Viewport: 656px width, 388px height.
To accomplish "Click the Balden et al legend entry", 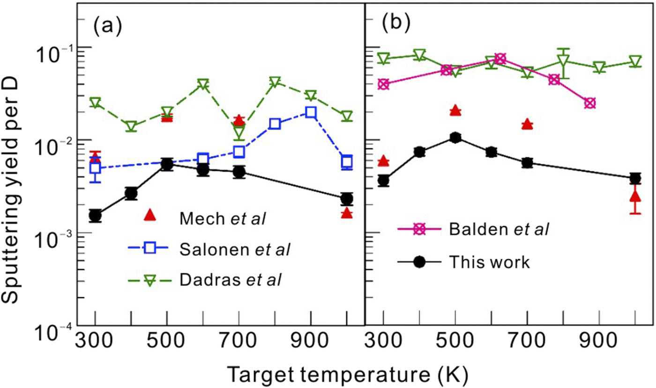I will click(498, 229).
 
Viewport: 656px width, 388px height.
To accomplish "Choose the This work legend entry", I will click(489, 262).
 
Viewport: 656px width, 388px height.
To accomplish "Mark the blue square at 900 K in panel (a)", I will click(311, 112).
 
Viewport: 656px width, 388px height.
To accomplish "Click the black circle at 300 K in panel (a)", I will click(96, 216).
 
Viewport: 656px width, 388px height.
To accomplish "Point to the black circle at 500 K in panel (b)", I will click(455, 137).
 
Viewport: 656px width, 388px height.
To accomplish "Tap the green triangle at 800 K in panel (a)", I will click(275, 82).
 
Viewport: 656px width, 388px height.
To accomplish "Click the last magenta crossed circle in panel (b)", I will click(590, 103).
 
